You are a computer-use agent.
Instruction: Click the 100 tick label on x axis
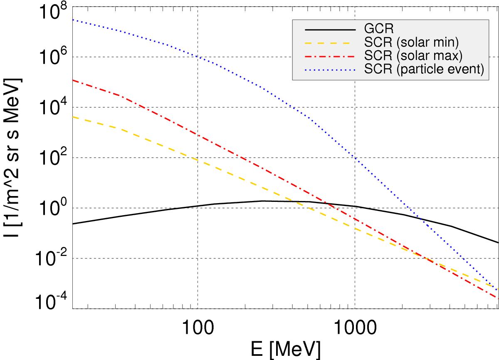(x=198, y=327)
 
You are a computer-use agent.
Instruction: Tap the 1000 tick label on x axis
(x=354, y=327)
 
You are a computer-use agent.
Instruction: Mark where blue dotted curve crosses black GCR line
(x=421, y=218)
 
